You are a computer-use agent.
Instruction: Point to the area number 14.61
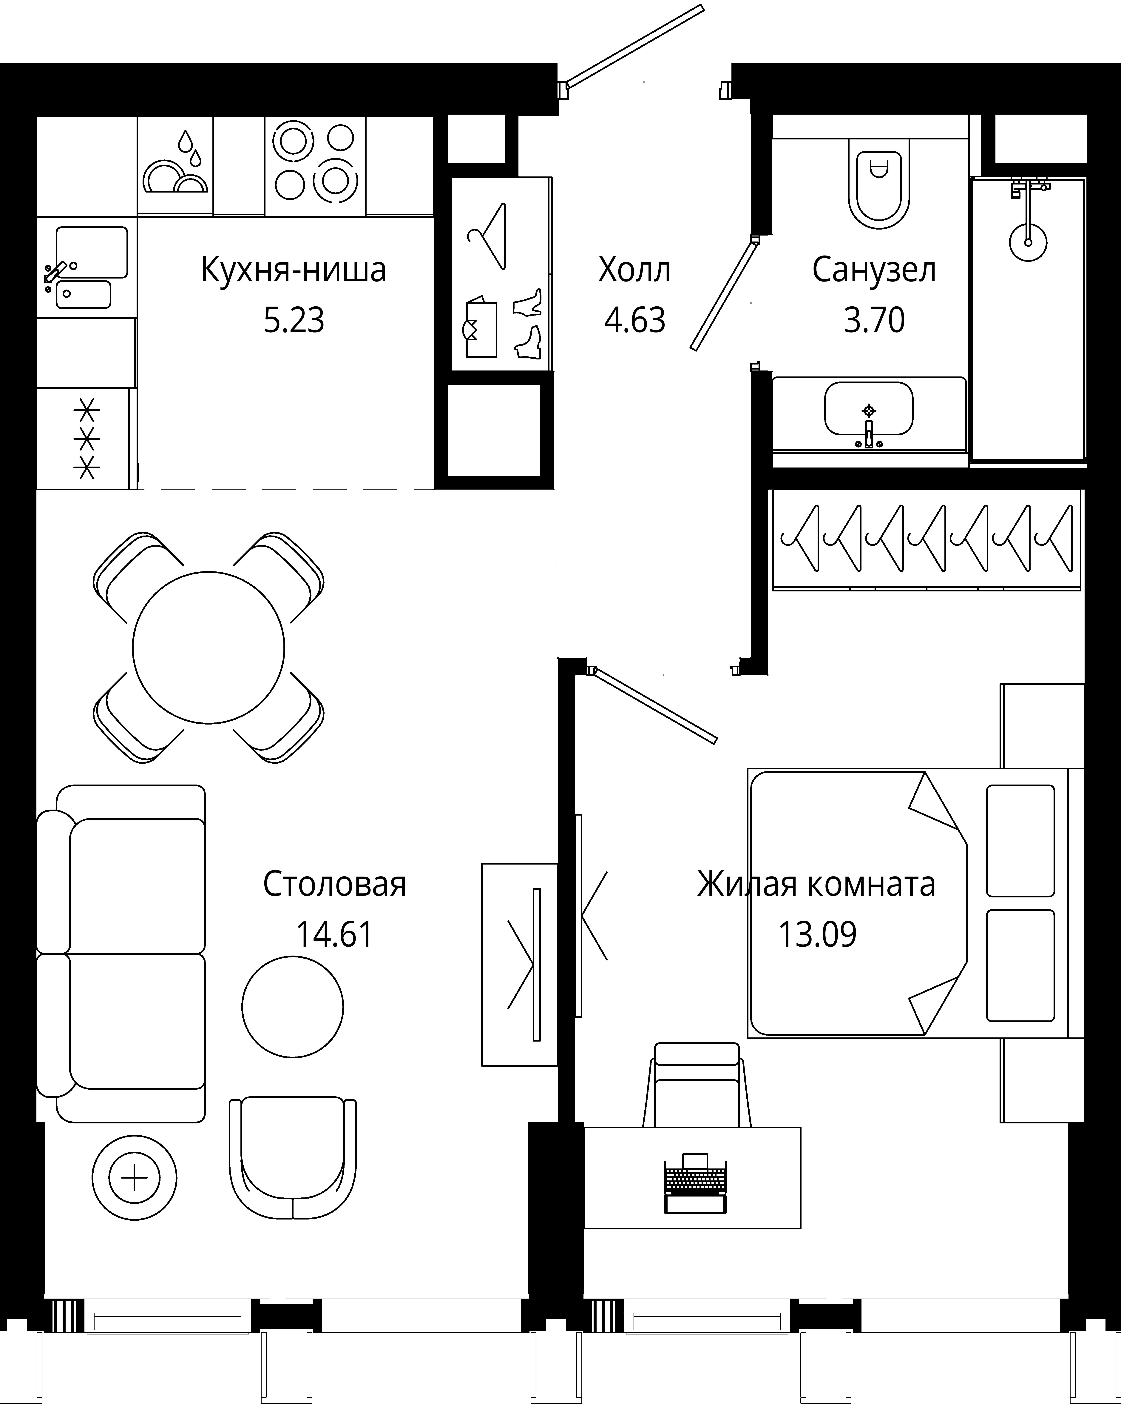coord(335,934)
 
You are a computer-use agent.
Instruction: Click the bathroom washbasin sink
coord(868,409)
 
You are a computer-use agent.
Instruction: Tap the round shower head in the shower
coord(1029,242)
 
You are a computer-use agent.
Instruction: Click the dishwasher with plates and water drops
coord(175,165)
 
